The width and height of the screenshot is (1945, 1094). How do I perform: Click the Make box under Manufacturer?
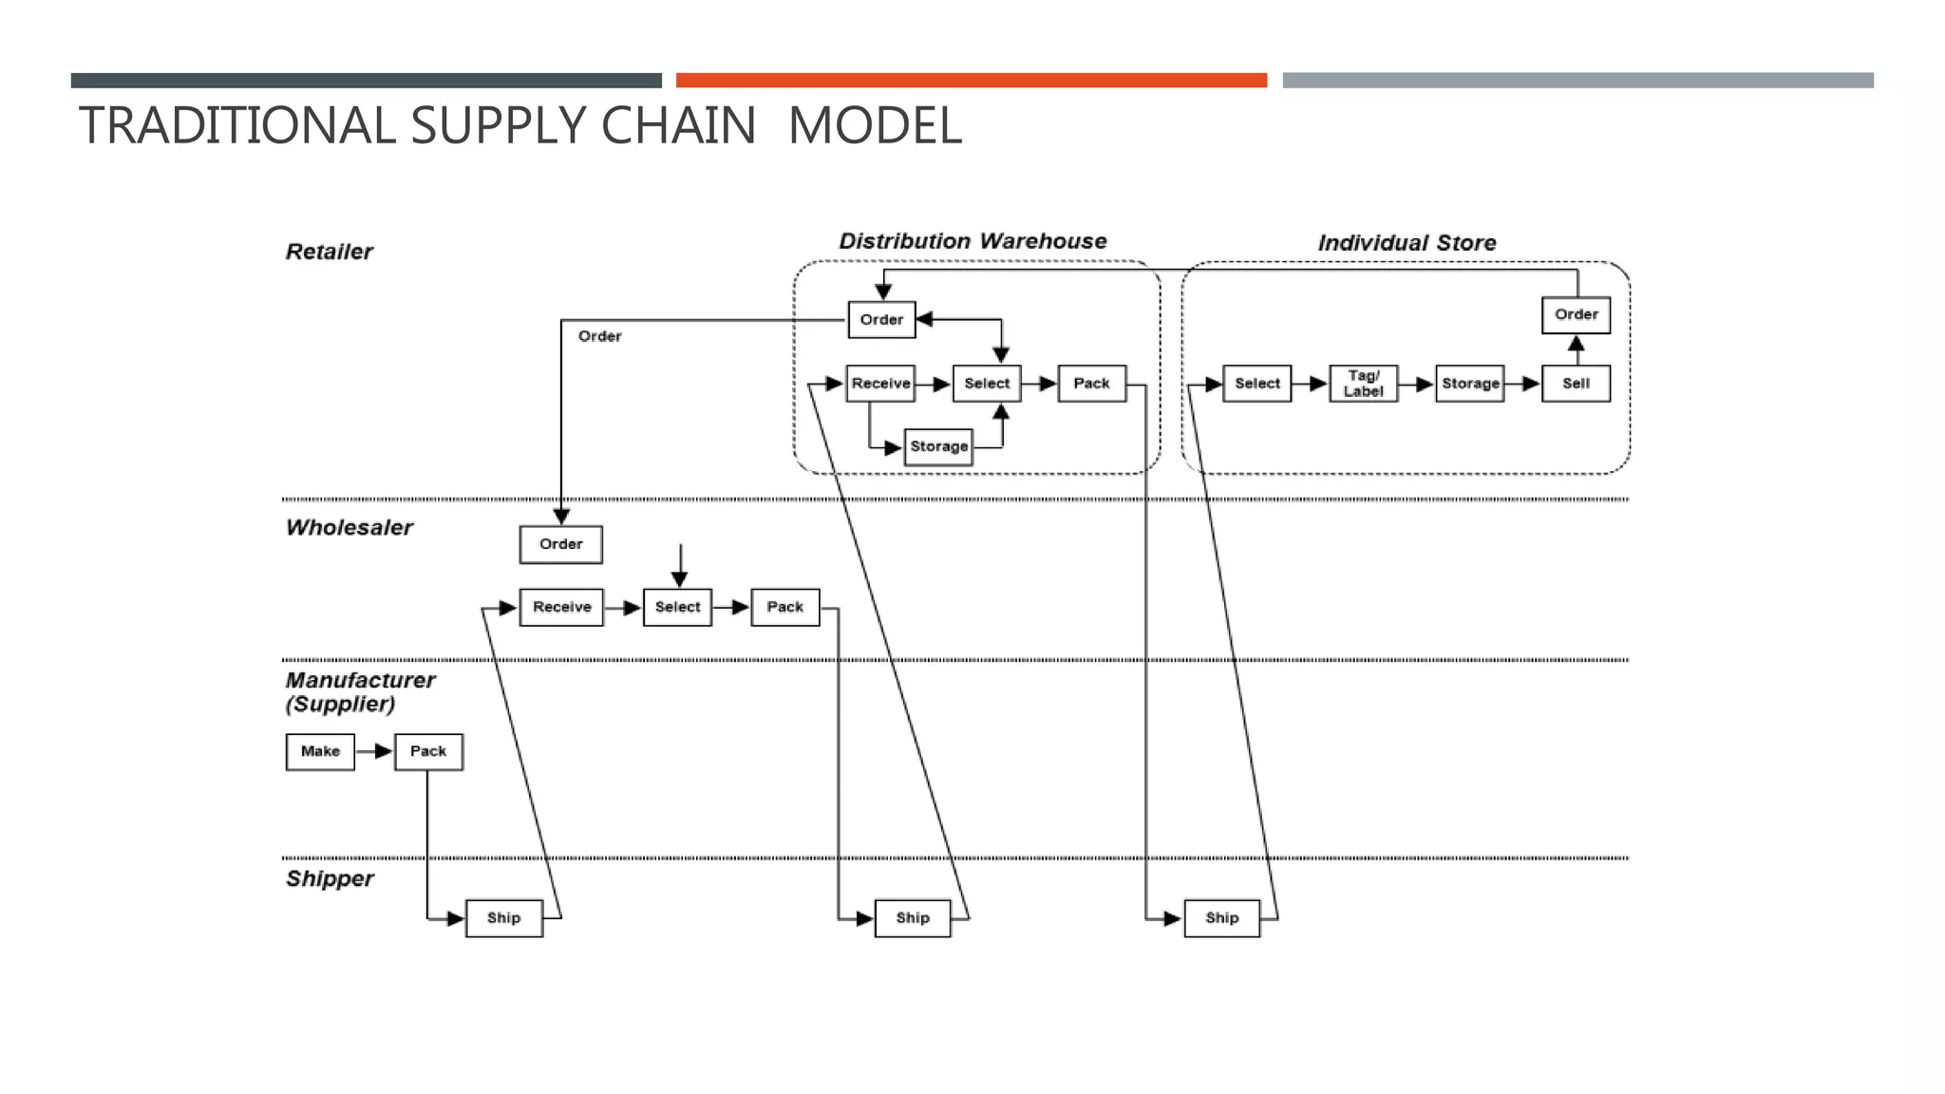coord(320,751)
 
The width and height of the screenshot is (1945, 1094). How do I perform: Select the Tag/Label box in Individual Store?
coord(1363,384)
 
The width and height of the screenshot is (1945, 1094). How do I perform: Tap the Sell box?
coord(1576,384)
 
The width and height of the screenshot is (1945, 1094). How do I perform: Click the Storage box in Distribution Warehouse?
coord(938,446)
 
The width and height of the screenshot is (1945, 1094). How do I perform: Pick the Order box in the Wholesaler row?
coord(560,544)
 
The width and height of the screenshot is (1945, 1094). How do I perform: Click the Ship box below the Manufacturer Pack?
coord(503,918)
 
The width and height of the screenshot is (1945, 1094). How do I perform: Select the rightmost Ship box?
coord(1221,918)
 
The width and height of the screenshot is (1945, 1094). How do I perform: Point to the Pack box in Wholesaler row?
coord(784,607)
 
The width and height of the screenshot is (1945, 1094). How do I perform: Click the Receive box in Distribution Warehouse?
coord(880,384)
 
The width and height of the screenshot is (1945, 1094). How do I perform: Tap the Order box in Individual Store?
coord(1576,314)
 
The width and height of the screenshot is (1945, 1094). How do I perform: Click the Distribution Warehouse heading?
coord(972,241)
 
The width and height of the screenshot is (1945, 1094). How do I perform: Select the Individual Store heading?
coord(1407,243)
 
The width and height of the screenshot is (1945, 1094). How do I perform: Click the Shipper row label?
coord(330,878)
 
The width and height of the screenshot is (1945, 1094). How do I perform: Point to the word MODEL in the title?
coord(875,125)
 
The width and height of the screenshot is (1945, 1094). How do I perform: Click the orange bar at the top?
coord(971,81)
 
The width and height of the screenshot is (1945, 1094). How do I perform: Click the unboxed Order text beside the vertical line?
coord(599,336)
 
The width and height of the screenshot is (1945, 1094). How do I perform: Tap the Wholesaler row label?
coord(349,528)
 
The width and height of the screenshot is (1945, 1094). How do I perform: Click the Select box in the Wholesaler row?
coord(677,607)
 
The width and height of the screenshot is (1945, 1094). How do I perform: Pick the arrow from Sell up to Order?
coord(1576,349)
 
